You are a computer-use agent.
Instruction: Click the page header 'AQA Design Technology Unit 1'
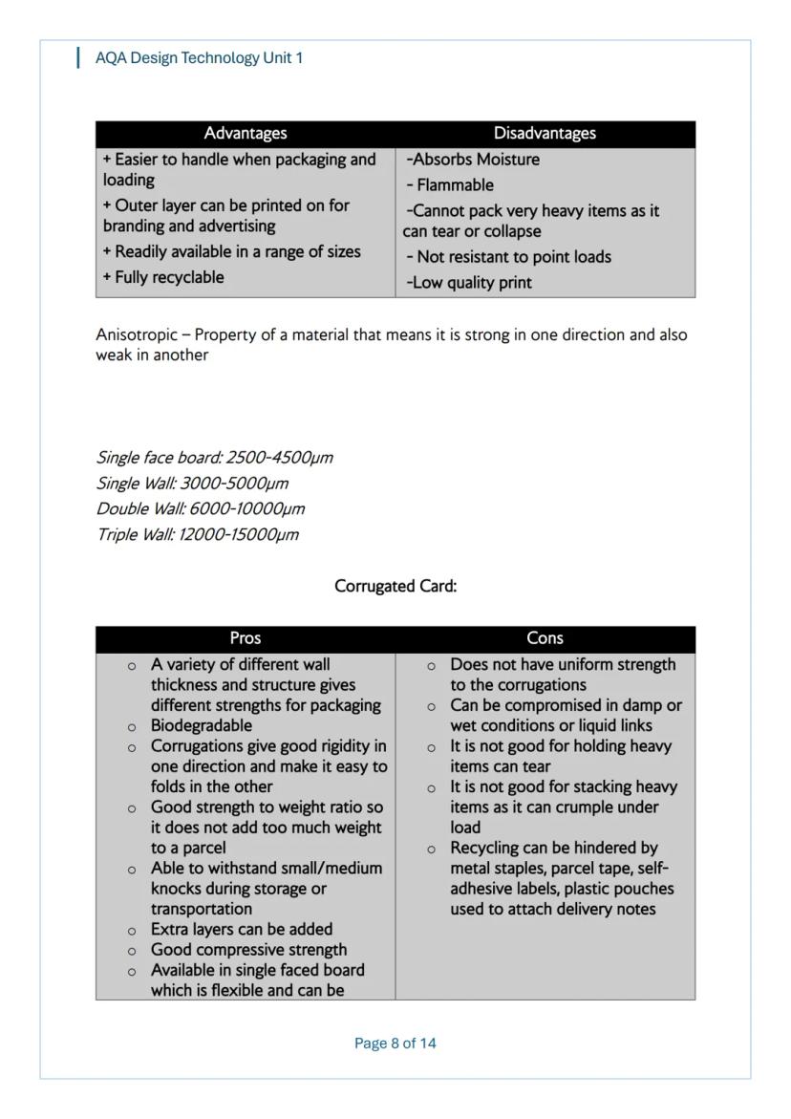(199, 58)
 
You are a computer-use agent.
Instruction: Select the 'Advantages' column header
(246, 134)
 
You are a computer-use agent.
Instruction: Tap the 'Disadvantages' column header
(545, 134)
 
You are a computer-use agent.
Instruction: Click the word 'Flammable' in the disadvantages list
(455, 185)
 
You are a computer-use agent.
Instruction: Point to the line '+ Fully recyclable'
(163, 278)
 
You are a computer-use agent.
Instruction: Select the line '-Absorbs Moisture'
(473, 160)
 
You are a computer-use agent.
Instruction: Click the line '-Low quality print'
(469, 283)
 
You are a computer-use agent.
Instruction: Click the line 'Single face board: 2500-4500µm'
(215, 458)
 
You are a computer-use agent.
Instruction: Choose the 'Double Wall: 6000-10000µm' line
(201, 509)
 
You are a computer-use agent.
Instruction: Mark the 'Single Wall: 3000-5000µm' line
(192, 484)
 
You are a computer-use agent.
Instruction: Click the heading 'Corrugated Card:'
(395, 587)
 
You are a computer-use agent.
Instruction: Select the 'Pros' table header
(246, 638)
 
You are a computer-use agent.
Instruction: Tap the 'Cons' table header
(545, 638)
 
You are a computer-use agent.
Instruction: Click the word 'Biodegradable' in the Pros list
(202, 726)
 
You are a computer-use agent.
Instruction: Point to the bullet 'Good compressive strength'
(248, 950)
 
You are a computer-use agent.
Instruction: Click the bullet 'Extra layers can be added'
(242, 930)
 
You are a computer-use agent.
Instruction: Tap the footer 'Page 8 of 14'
(395, 1044)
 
